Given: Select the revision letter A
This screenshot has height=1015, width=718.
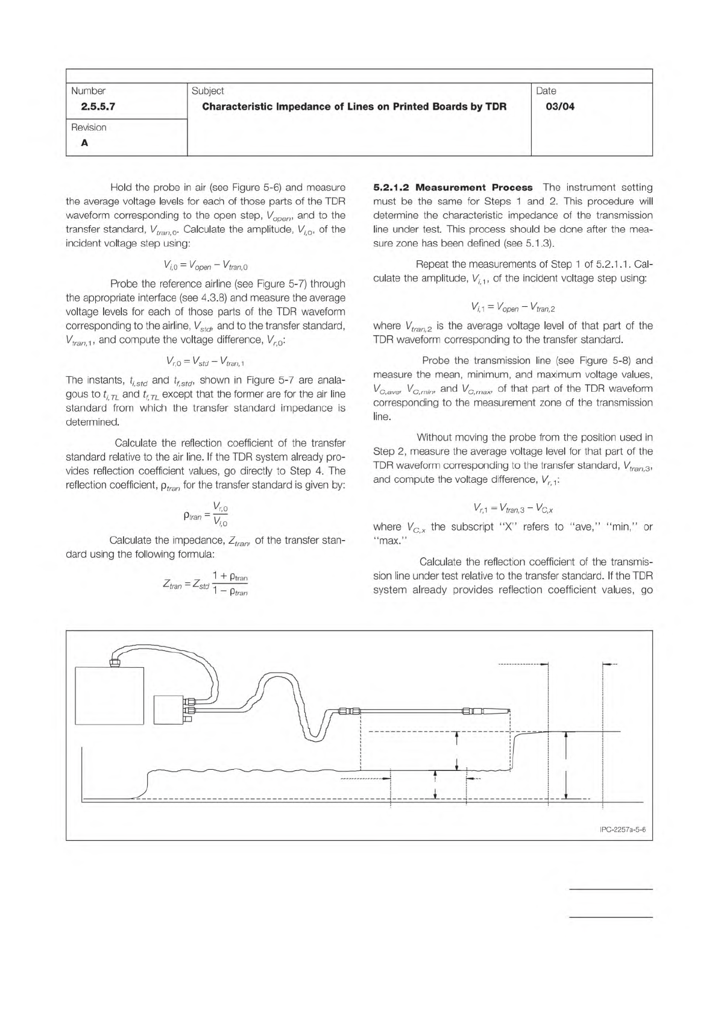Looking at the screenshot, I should click(x=84, y=143).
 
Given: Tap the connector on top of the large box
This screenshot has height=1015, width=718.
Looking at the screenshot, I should click(x=115, y=662).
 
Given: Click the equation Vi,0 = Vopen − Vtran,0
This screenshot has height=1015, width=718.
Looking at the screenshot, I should click(x=206, y=264).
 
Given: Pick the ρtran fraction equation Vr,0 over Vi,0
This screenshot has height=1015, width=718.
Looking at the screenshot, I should click(x=207, y=515).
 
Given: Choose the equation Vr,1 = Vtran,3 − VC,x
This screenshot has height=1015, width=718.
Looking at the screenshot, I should click(x=513, y=507).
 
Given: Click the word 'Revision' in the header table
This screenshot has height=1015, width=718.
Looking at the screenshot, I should click(x=89, y=127).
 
